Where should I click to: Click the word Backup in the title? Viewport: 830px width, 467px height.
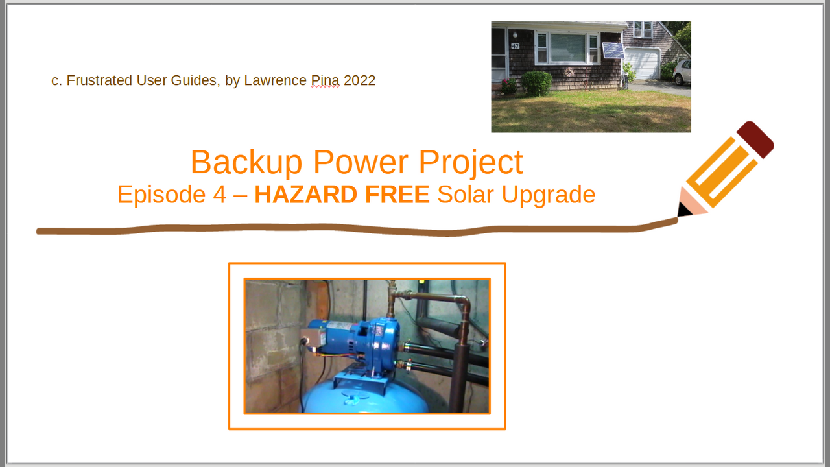(x=246, y=162)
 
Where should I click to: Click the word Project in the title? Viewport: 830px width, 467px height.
(x=471, y=162)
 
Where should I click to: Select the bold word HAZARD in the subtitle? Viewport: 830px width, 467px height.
(x=305, y=195)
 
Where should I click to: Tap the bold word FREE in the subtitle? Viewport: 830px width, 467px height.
(x=397, y=195)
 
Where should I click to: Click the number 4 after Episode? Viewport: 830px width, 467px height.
(x=220, y=195)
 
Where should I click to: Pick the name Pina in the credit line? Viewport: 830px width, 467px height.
(x=325, y=80)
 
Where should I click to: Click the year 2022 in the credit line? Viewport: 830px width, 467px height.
(x=359, y=80)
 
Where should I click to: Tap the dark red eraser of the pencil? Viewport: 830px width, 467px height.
(x=755, y=139)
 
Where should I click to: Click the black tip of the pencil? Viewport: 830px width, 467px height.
(x=683, y=210)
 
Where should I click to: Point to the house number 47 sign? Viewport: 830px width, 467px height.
(x=515, y=46)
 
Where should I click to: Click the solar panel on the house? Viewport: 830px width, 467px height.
(x=613, y=51)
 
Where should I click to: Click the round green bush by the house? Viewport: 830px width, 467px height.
(x=537, y=84)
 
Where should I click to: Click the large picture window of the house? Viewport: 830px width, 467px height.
(x=567, y=48)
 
